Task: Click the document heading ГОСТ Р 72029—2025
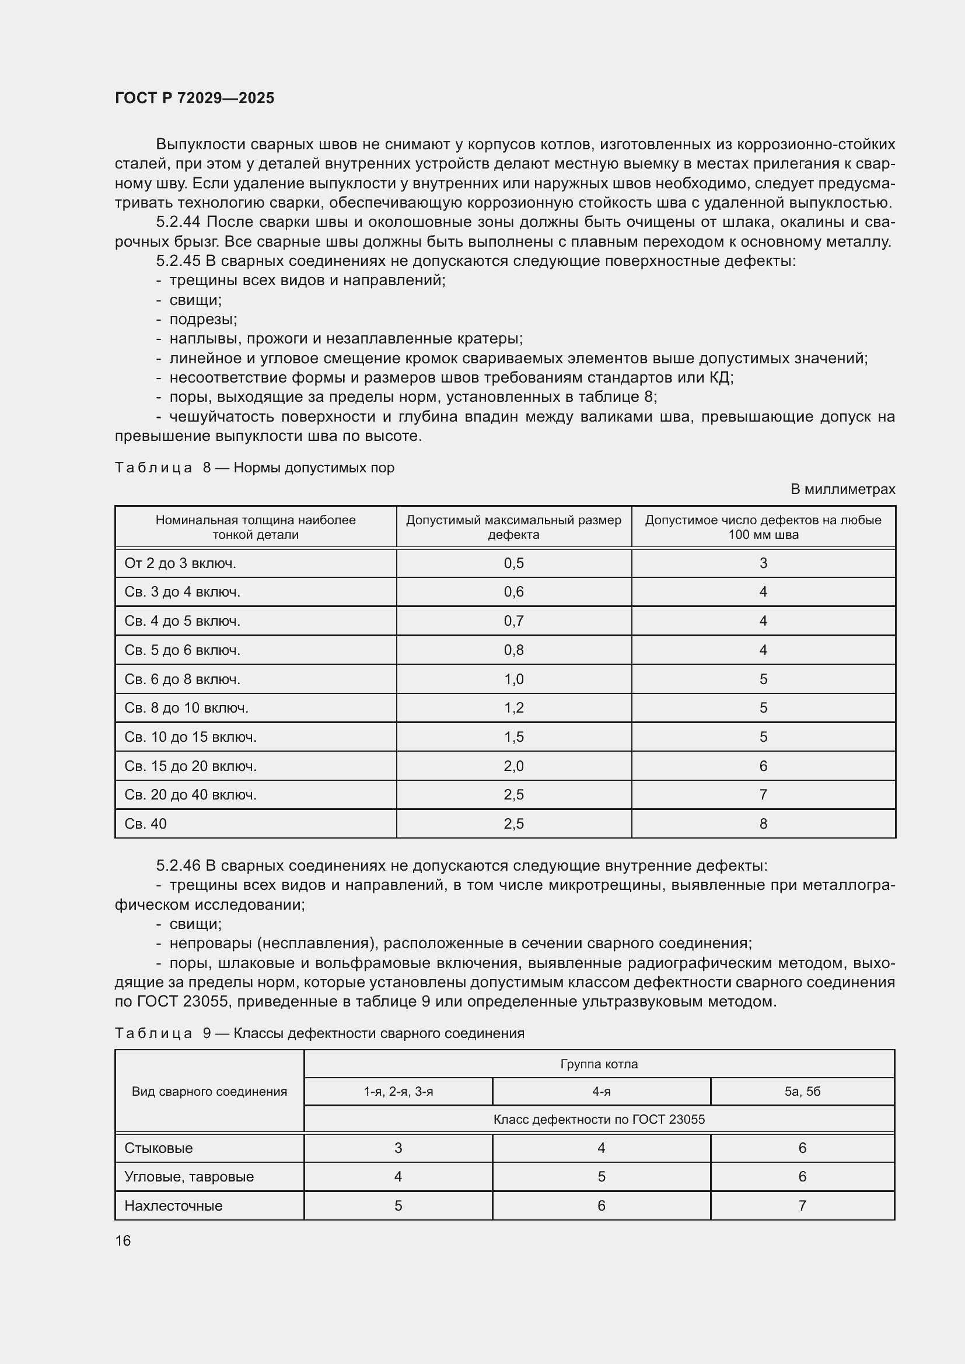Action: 194,98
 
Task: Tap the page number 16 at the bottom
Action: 123,1240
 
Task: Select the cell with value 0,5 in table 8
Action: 513,563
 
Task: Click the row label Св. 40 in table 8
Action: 146,823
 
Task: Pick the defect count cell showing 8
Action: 763,823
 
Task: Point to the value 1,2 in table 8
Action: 513,707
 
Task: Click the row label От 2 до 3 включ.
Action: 180,563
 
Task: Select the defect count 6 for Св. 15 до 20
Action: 763,766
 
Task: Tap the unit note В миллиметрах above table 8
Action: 842,489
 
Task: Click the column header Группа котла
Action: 599,1064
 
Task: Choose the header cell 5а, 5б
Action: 802,1091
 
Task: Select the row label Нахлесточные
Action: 173,1205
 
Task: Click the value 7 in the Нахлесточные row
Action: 802,1205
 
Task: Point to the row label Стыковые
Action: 159,1148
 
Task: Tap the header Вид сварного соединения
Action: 209,1091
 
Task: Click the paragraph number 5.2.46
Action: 179,865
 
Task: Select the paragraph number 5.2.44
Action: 179,222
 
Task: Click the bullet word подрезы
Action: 202,320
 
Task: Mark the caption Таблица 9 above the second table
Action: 153,1033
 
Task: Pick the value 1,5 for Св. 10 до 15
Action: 513,737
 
